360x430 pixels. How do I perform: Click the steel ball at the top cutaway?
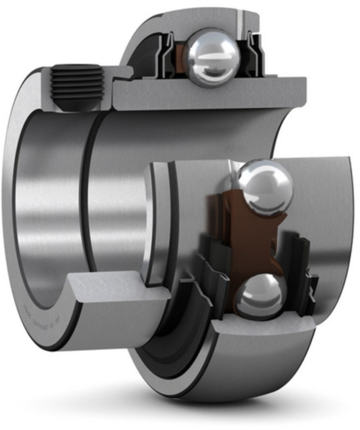(212, 57)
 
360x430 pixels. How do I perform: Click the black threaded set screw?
(77, 86)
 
